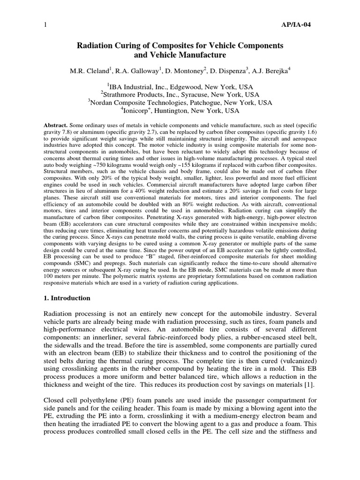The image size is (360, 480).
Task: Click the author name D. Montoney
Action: click(x=182, y=70)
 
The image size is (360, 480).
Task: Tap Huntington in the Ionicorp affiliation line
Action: click(x=177, y=111)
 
